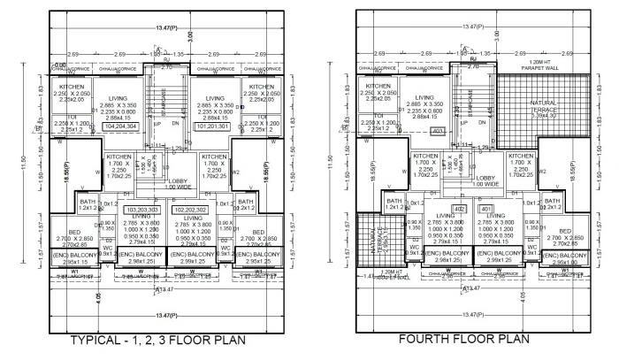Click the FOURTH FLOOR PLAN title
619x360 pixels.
(464, 339)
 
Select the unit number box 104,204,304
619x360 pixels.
(118, 126)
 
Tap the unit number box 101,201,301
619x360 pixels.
(211, 126)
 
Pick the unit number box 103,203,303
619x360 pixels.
(141, 210)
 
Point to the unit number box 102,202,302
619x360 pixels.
(188, 210)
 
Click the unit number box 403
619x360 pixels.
(435, 132)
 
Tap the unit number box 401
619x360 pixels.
(485, 209)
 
